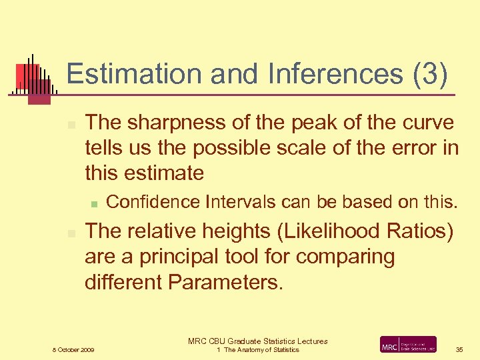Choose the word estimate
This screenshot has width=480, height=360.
(166, 173)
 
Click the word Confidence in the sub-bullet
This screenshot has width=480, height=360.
(153, 201)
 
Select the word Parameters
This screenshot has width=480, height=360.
(226, 282)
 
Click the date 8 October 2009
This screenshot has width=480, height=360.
(73, 350)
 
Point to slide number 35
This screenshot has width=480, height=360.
(459, 349)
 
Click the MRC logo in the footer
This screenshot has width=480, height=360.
(408, 345)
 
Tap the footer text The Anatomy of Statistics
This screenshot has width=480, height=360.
(261, 350)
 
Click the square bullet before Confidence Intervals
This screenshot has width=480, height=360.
(95, 202)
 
